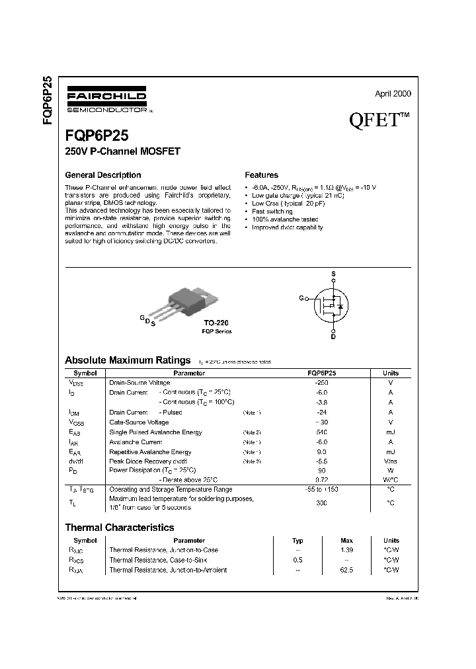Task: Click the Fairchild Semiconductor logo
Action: coord(106,100)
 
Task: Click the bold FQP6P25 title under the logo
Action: coord(97,136)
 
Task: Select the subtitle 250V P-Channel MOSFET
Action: coord(122,151)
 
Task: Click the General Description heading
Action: coord(102,175)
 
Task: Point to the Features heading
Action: coord(261,175)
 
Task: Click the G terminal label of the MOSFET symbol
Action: coord(301,299)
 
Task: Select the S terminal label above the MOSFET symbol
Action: coord(333,274)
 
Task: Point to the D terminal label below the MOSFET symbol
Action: coord(333,336)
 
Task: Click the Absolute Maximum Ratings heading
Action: coord(128,360)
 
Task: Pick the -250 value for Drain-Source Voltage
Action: coord(322,383)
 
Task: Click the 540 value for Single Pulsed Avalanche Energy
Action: coord(322,432)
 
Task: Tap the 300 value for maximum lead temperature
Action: coord(322,503)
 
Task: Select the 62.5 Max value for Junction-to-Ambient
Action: coord(346,570)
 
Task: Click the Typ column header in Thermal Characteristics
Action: coord(298,541)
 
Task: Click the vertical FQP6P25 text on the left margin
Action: coord(48,103)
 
